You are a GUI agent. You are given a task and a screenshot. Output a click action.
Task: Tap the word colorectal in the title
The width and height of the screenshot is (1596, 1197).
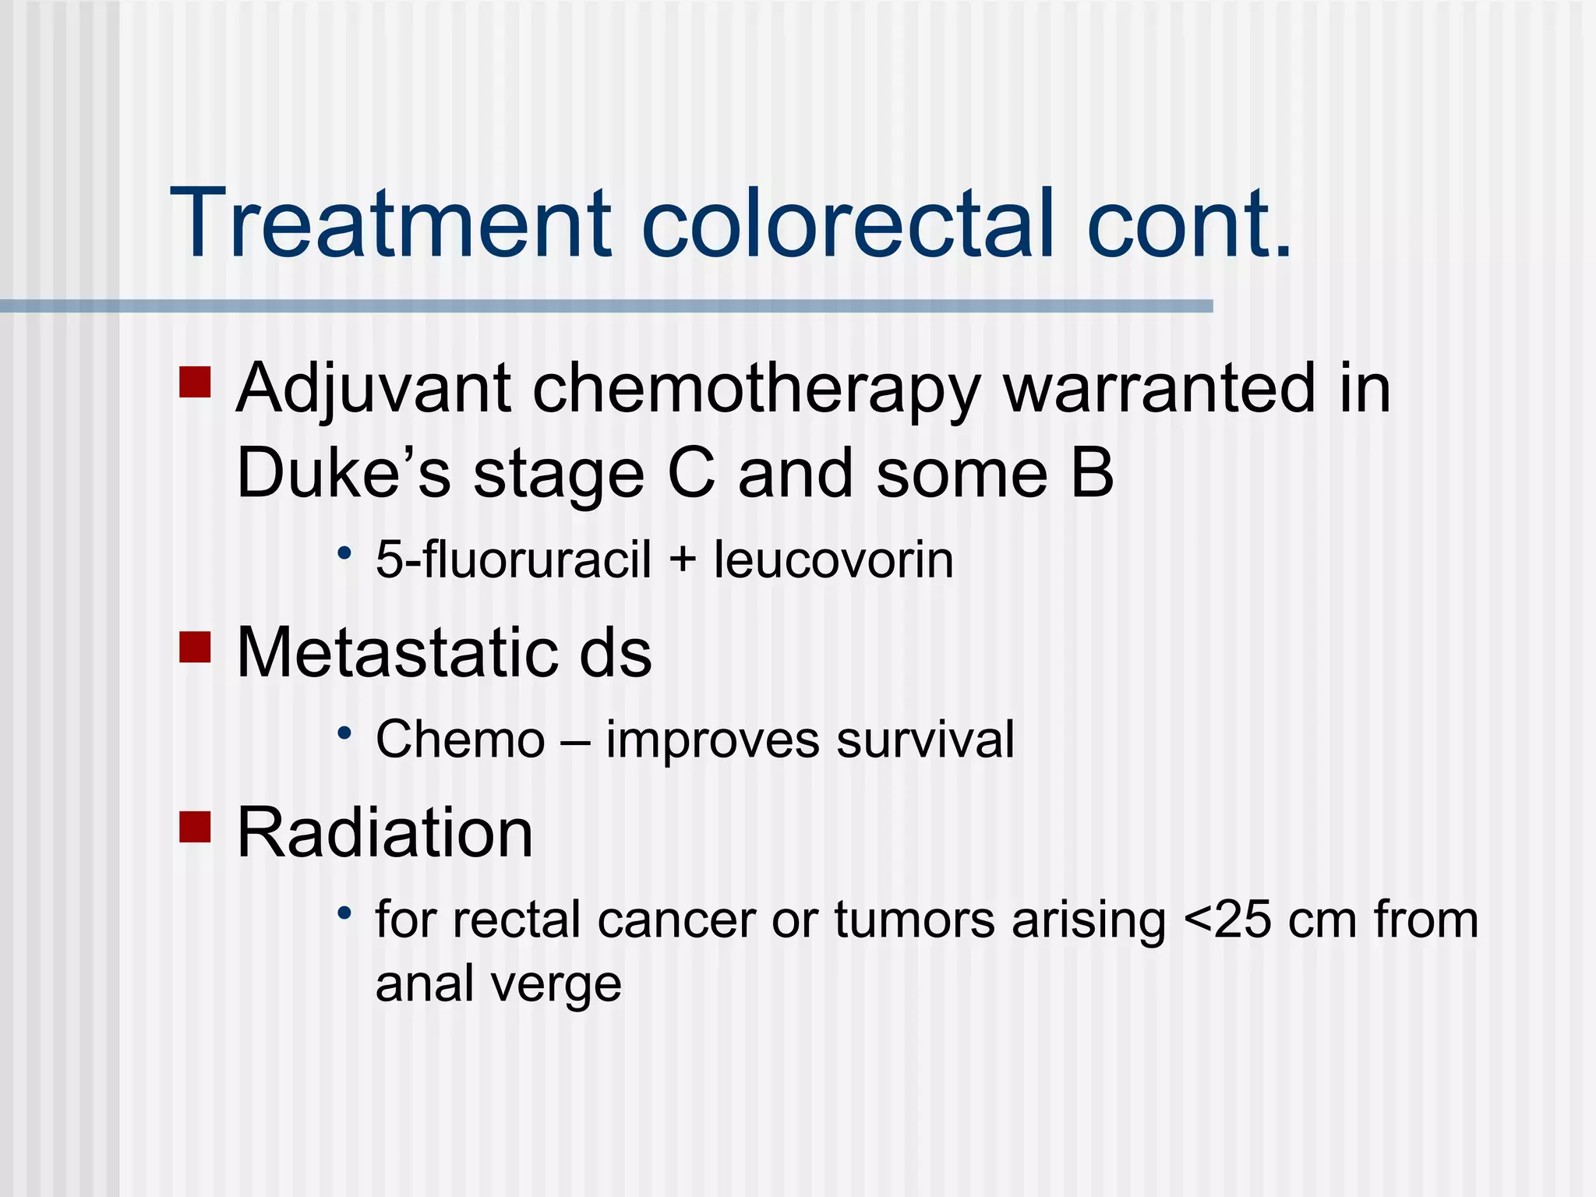[849, 224]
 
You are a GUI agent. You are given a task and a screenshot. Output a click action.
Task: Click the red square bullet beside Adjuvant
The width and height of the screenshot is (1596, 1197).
[195, 383]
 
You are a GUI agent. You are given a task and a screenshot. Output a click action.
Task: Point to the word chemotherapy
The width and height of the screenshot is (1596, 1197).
[754, 390]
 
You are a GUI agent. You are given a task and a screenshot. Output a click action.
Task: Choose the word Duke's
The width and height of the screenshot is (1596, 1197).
[343, 473]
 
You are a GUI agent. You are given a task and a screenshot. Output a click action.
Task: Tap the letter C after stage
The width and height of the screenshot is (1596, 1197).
[691, 473]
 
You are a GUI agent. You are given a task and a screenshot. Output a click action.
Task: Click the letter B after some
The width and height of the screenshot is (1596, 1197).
[1092, 473]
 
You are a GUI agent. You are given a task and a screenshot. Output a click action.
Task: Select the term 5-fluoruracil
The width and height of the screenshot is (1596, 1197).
[513, 560]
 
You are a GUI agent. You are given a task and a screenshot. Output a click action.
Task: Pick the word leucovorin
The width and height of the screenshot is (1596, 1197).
[833, 560]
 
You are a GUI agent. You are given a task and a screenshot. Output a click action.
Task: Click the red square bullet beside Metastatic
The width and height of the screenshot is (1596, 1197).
[195, 646]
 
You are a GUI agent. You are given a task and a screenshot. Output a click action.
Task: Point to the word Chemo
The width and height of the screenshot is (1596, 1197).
[460, 739]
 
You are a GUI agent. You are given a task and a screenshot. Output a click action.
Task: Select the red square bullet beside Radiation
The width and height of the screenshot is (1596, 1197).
[195, 827]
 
